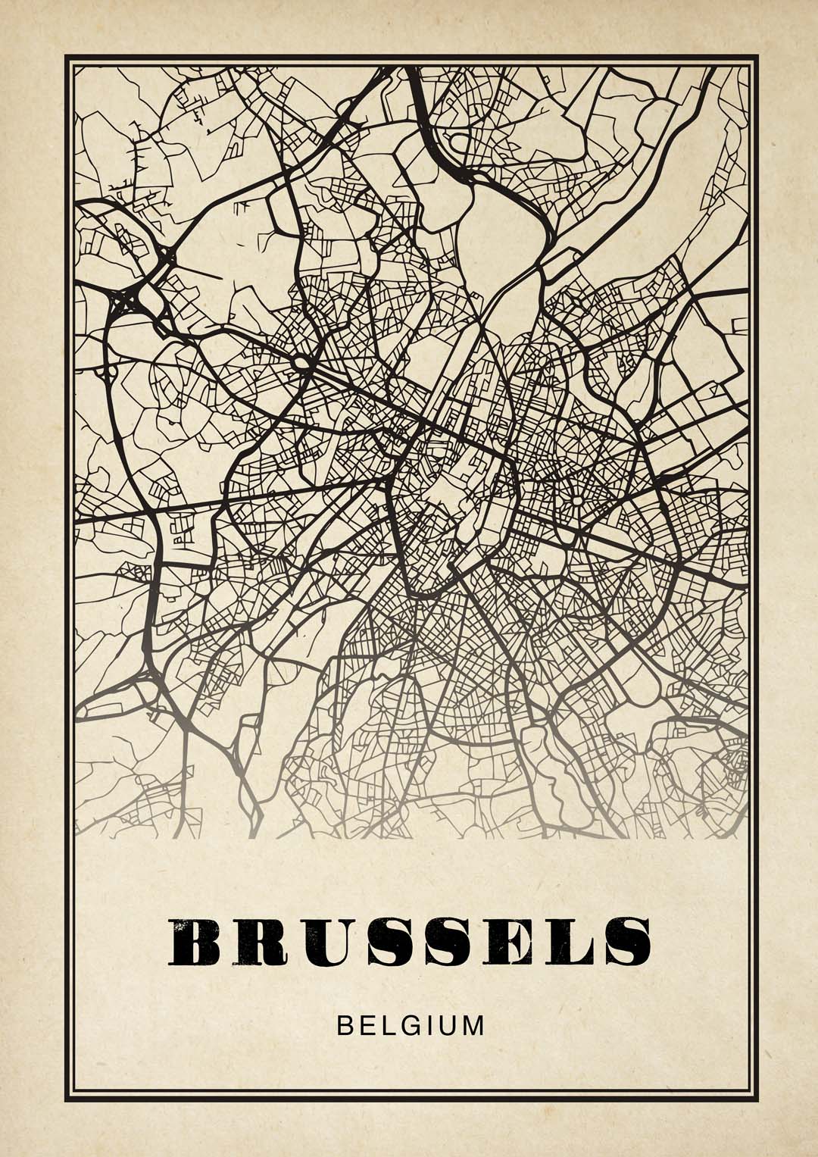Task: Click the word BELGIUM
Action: click(x=410, y=1026)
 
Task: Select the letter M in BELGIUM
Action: click(x=472, y=1026)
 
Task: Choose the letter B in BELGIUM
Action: click(x=345, y=1026)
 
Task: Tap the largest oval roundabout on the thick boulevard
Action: click(x=302, y=364)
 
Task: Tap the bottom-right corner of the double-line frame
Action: click(x=756, y=1098)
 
